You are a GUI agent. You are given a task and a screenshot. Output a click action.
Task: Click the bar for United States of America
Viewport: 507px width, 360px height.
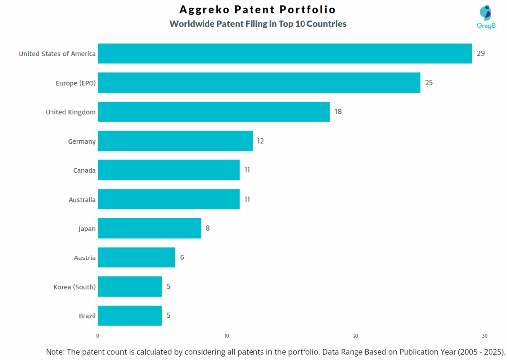pos(285,53)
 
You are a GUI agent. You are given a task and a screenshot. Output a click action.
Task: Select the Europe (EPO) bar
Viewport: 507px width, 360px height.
pos(258,83)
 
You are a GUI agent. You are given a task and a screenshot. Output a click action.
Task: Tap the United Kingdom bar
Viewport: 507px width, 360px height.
pos(213,112)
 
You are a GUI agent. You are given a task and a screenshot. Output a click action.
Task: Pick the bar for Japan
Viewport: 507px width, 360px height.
pos(149,228)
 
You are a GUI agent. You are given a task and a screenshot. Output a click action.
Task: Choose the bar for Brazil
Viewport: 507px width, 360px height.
pos(130,316)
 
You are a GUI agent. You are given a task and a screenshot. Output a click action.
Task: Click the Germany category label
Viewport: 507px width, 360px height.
pos(82,142)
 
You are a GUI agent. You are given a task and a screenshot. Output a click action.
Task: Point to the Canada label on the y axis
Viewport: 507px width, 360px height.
pos(84,171)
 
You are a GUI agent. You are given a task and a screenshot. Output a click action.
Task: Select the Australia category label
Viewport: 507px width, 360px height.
pos(82,200)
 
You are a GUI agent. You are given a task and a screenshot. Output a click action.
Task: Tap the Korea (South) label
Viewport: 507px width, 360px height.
pos(74,287)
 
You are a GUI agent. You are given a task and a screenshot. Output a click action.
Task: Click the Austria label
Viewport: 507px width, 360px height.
pos(84,258)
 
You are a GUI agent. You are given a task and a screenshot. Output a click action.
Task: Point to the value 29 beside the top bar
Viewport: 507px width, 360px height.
pos(481,53)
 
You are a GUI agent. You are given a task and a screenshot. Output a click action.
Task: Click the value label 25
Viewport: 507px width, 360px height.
pos(429,83)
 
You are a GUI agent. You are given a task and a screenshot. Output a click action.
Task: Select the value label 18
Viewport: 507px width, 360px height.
pos(338,112)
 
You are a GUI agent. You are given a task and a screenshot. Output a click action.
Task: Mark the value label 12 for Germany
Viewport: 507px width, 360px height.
pos(260,141)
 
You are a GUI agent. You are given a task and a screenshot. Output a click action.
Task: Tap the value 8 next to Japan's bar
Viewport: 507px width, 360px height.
pos(208,228)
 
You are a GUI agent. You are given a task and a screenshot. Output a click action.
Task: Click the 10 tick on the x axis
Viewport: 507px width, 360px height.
pos(226,336)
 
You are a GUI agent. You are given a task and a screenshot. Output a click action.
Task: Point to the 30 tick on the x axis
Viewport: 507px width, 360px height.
pos(485,336)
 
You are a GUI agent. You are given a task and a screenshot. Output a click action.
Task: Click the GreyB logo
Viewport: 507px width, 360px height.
pos(486,17)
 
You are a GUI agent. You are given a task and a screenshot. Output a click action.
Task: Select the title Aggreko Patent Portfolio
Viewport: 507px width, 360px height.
pos(257,10)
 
